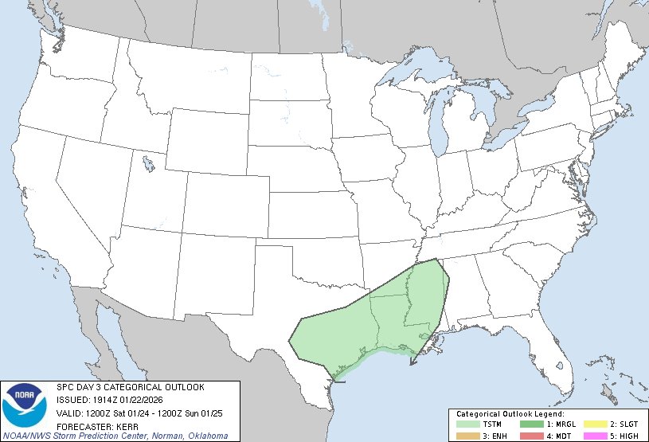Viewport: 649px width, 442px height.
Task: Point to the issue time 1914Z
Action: click(x=101, y=399)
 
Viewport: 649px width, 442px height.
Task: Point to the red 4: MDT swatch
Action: click(x=531, y=436)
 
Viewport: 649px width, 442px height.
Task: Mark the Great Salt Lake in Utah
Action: click(x=149, y=165)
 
